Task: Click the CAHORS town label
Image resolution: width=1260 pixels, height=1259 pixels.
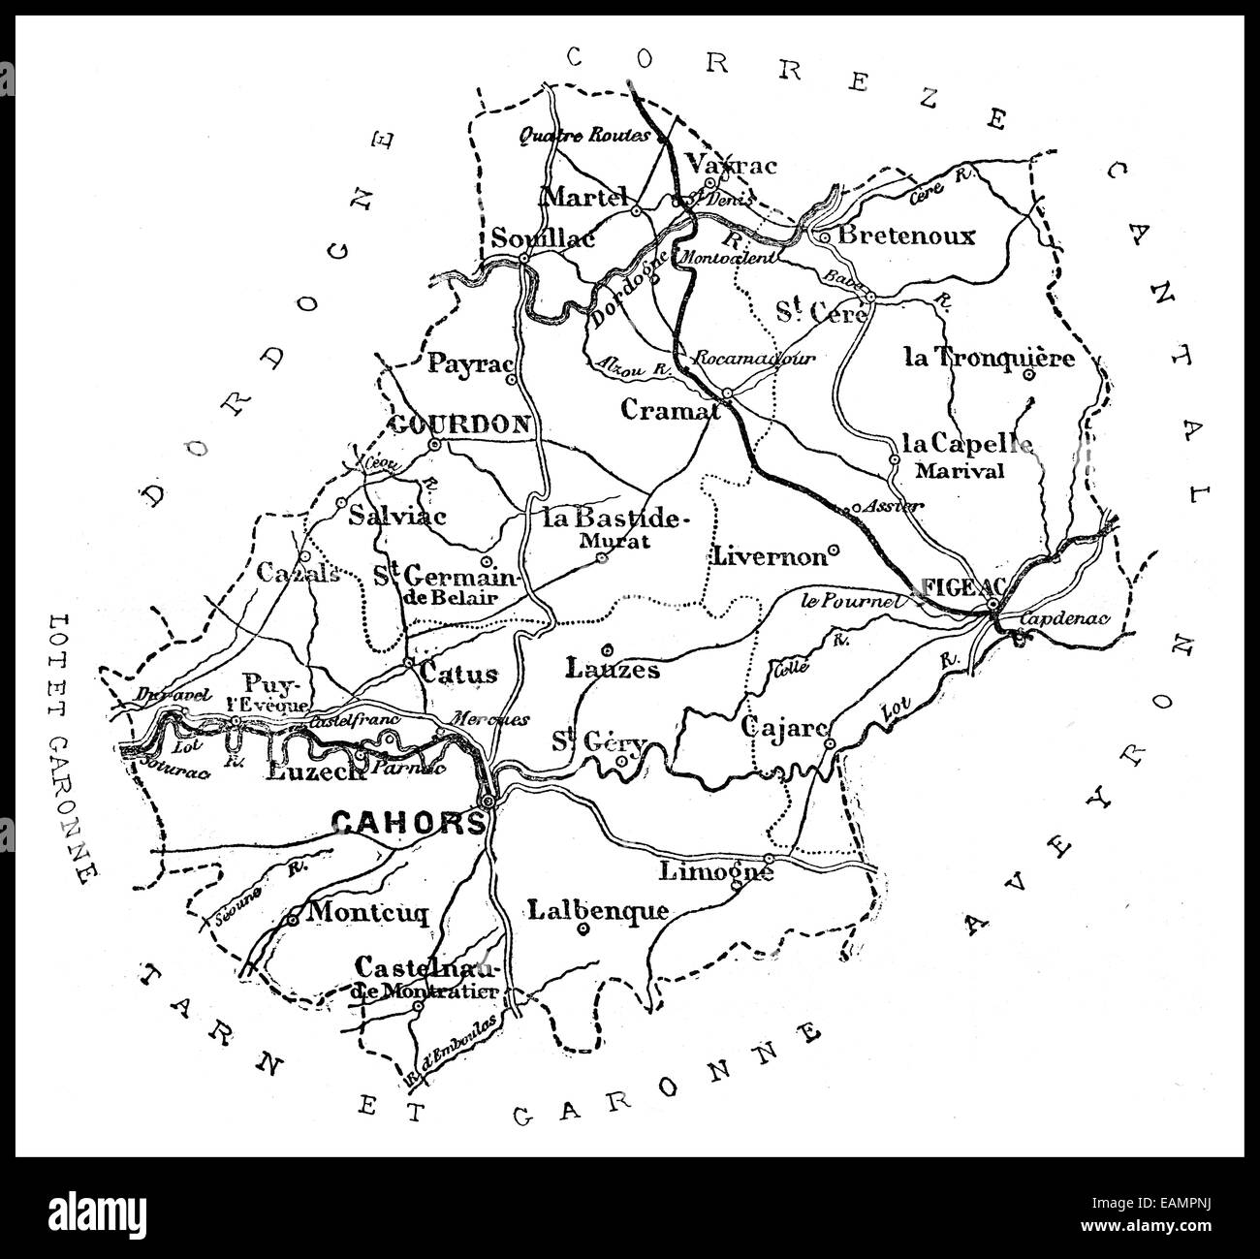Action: (407, 823)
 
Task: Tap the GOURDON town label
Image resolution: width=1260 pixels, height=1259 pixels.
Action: (459, 425)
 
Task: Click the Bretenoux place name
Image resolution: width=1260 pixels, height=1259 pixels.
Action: (906, 236)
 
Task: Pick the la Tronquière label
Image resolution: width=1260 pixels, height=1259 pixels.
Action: (989, 358)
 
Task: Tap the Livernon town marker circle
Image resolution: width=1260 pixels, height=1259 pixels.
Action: (834, 551)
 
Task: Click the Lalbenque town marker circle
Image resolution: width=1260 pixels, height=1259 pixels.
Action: (583, 929)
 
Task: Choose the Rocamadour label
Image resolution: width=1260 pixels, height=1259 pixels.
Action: (754, 358)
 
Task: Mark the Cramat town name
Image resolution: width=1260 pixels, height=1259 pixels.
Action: (670, 410)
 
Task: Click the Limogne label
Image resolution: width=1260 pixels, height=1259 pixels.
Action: (715, 871)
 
